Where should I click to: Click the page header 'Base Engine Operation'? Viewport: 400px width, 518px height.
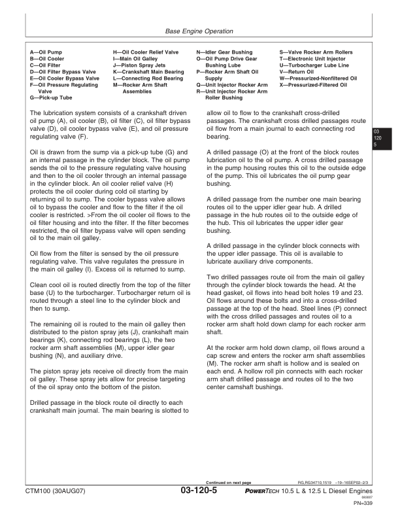[199, 31]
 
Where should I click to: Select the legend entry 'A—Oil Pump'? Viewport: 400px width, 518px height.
[46, 50]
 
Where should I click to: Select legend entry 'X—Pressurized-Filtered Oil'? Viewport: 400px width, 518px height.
[318, 85]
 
